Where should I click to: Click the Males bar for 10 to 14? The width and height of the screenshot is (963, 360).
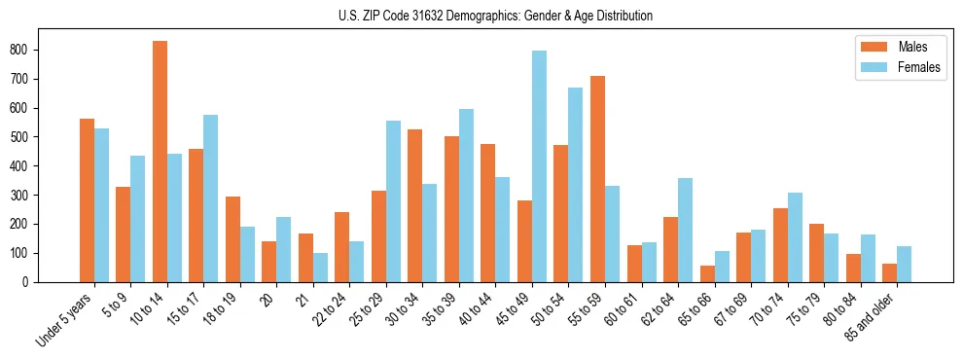click(x=160, y=162)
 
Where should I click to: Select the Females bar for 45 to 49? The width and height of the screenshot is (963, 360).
click(x=539, y=166)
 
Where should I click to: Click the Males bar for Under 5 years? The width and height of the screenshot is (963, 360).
click(x=87, y=200)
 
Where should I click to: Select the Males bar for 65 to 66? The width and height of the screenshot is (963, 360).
click(x=707, y=273)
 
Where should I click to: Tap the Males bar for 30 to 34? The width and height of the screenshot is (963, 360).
click(x=415, y=205)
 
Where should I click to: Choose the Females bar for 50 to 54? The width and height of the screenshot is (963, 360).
click(x=576, y=185)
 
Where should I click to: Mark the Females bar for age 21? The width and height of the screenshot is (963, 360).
click(x=320, y=268)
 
